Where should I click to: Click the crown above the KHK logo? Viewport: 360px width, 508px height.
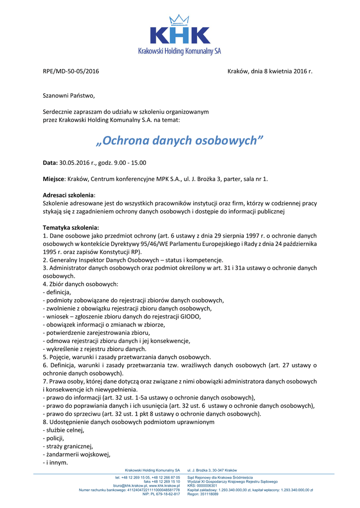coord(176,20)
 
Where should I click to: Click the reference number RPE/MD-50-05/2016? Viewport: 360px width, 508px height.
coord(71,71)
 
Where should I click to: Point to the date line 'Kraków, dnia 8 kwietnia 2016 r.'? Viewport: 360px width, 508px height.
coord(270,71)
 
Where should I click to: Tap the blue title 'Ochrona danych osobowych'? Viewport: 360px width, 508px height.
coord(179,140)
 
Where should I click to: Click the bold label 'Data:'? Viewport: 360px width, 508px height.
coord(51,163)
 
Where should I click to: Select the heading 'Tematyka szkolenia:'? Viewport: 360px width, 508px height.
coord(71,227)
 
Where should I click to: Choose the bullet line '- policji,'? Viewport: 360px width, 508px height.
coord(56,438)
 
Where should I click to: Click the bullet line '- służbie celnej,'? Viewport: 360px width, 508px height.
coord(64,430)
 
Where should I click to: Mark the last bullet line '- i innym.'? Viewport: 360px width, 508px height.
coord(56,462)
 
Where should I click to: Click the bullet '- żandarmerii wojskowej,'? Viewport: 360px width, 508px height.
coord(76,454)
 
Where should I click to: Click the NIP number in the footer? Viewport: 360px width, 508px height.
coord(161,494)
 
